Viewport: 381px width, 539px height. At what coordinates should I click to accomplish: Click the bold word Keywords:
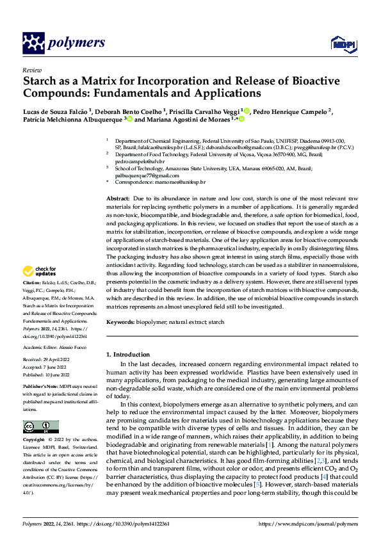[120, 321]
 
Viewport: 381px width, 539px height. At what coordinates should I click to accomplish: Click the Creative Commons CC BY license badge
[40, 427]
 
